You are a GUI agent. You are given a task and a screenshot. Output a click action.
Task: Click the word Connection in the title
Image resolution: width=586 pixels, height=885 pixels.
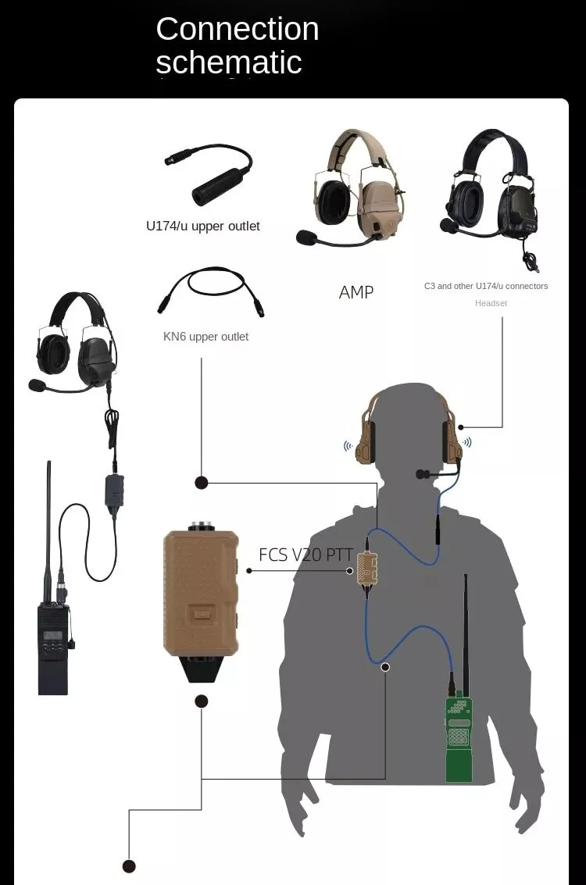coord(237,29)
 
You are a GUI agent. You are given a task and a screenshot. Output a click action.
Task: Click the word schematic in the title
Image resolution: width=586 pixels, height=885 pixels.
coord(229,62)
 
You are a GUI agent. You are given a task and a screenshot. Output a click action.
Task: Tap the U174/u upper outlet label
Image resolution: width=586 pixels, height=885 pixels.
coord(202,227)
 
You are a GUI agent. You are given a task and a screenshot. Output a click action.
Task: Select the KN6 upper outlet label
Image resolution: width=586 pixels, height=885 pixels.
coord(205,337)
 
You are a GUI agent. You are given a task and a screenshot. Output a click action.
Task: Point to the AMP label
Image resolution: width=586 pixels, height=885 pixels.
coord(356,292)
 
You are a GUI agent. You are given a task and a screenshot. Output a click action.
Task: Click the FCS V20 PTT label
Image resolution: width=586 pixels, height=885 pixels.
coord(306,555)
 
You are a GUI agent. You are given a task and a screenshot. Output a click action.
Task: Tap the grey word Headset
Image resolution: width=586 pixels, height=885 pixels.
coord(491,303)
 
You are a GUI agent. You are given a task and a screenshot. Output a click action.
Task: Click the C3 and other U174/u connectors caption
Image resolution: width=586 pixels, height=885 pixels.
coord(486,286)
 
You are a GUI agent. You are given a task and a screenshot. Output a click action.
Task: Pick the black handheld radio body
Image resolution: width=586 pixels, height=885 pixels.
coord(53,649)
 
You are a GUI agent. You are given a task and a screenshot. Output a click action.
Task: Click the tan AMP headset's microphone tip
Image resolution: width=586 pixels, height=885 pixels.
coord(306,237)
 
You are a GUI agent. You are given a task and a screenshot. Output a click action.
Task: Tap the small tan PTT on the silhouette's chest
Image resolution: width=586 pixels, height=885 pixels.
coord(366,568)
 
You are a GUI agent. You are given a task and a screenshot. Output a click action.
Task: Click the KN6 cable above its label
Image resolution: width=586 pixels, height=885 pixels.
coord(211,292)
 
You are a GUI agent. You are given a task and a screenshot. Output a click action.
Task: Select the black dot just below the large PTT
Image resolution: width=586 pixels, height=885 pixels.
coord(201,701)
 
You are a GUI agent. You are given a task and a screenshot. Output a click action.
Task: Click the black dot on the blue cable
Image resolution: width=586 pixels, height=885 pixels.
coord(385,667)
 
